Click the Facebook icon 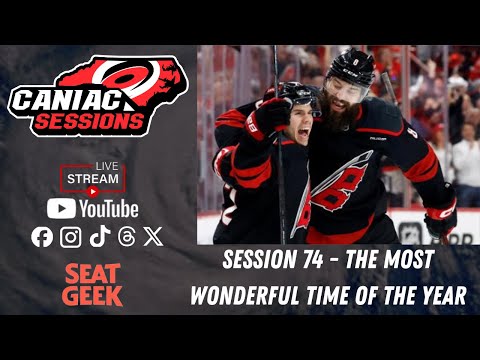pos(42,237)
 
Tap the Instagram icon pos(70,237)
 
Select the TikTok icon pos(98,237)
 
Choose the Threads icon pos(126,237)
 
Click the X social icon pos(152,237)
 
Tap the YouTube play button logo pos(61,208)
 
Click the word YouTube pos(109,208)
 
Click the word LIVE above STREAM pos(109,165)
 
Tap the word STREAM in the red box pos(92,179)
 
